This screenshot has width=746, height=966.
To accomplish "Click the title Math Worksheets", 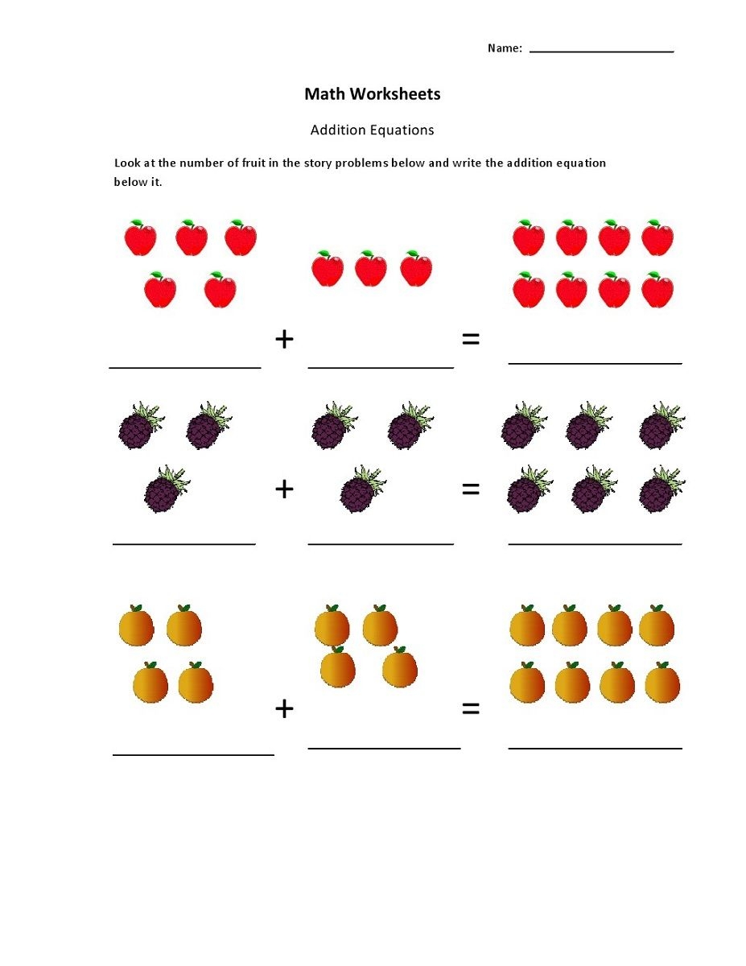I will (x=372, y=94).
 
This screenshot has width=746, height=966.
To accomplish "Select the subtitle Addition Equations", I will (x=372, y=130).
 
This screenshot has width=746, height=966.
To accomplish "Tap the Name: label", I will (x=505, y=48).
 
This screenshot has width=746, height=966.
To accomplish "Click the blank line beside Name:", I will (x=601, y=51).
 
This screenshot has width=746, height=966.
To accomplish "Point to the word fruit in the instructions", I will (x=245, y=163).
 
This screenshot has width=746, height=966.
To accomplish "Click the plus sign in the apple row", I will (x=284, y=340).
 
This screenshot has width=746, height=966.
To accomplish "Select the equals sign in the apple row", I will (x=471, y=340).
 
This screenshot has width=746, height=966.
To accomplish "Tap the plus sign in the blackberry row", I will (x=284, y=489).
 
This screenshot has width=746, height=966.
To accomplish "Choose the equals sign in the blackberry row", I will (x=471, y=489).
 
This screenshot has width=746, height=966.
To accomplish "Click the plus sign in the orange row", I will (x=284, y=708).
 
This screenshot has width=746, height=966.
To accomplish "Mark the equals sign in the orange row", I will (x=471, y=708).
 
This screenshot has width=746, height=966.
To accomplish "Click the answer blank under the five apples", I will (x=185, y=366).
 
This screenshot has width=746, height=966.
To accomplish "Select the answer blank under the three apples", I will (x=381, y=366).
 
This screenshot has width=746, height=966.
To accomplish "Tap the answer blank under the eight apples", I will (x=595, y=362).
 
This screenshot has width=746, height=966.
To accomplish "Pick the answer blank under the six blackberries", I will (x=595, y=543).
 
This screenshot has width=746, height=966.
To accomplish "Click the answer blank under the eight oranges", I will (x=595, y=747).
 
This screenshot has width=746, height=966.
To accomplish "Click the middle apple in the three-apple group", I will (x=371, y=269).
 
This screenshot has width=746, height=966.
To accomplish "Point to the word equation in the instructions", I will (x=579, y=163).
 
